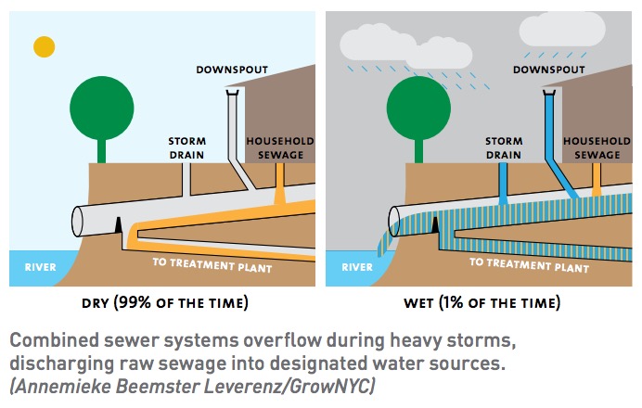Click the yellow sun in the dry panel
pos(45,46)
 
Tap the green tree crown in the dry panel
pos(101,108)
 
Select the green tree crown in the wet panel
pos(418,108)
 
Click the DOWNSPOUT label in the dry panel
pos(232,70)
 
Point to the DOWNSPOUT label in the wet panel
pos(548,70)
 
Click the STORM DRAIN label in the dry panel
pos(187,148)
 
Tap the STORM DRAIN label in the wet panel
pos(504,148)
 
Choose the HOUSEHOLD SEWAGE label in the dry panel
pos(280,148)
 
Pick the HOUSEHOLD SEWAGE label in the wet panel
pos(597,148)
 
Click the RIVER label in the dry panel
pos(40,267)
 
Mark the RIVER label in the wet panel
pos(357,267)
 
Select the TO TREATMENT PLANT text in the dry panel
pos(212,265)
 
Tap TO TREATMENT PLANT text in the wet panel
pos(529,265)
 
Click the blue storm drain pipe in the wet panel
pos(503,184)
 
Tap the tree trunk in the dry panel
pos(101,151)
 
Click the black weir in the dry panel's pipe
pos(119,225)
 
